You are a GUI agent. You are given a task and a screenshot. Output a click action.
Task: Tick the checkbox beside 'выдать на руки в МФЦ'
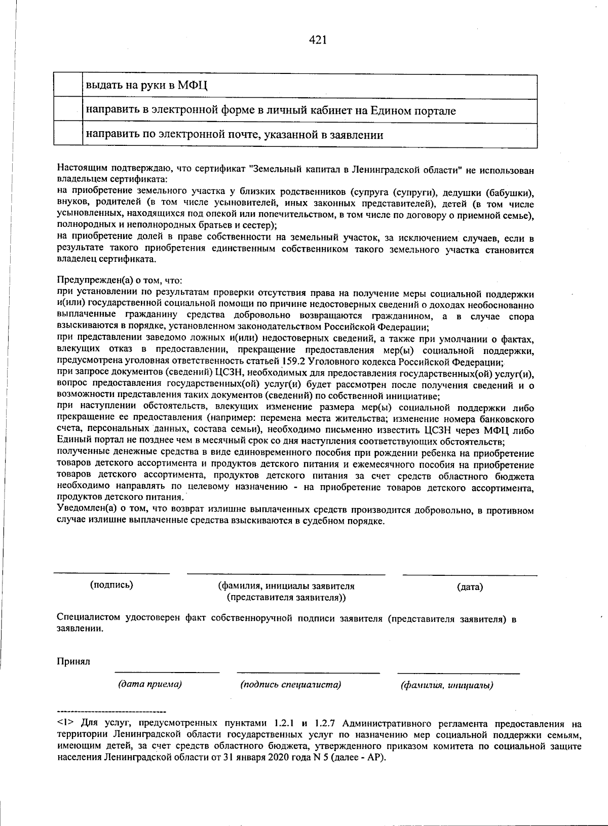(x=68, y=87)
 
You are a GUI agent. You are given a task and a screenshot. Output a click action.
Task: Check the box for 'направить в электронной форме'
(x=68, y=111)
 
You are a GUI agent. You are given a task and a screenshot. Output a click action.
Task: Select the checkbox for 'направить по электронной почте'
(x=68, y=135)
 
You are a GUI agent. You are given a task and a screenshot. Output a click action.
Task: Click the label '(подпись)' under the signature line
(x=111, y=585)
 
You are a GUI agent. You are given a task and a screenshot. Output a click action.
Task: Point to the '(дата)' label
(x=470, y=587)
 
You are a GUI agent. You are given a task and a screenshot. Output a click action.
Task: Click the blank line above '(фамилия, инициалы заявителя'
(x=286, y=574)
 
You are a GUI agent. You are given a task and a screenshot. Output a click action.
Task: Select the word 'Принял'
(x=73, y=662)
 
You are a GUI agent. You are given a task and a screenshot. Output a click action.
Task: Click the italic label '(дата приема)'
(x=150, y=684)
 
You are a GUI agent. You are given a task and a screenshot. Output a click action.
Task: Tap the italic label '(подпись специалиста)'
(x=290, y=685)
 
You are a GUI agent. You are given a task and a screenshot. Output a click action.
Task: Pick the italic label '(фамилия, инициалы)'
(x=447, y=686)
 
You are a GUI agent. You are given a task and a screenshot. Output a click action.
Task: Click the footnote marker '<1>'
(x=64, y=723)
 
